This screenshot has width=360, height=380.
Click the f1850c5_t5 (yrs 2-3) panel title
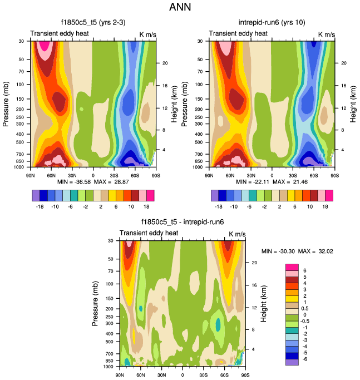click(x=92, y=23)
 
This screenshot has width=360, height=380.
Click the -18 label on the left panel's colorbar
click(x=37, y=205)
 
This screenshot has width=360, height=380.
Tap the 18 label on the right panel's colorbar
click(x=329, y=205)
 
